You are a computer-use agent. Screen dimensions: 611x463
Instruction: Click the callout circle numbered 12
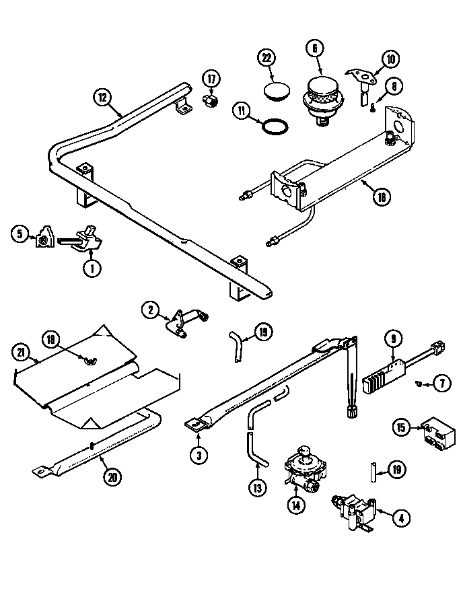click(x=102, y=97)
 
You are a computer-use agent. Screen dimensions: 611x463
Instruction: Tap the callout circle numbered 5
click(x=20, y=234)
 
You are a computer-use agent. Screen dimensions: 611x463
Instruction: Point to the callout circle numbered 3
click(x=197, y=456)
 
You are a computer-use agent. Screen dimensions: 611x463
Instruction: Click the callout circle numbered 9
click(x=392, y=339)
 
